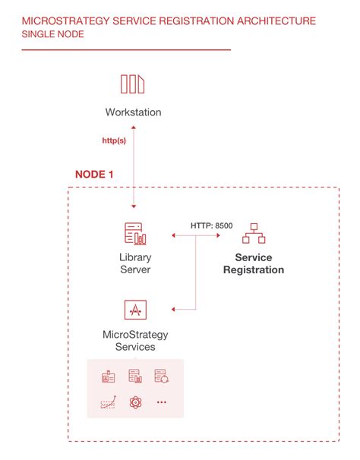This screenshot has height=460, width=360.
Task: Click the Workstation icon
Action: pos(133,84)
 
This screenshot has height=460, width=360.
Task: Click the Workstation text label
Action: pos(133,112)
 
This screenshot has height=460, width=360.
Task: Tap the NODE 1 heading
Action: pos(94,174)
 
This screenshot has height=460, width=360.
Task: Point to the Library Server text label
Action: pos(134,263)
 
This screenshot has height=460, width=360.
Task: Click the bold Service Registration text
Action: pos(254,263)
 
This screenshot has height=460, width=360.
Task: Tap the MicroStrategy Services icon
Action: pos(134,310)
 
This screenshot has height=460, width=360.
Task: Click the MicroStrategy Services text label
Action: pos(134,340)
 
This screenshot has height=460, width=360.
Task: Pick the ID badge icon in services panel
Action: pos(108,376)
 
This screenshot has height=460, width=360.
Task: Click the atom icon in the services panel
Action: pos(135,403)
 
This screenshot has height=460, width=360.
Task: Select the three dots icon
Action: pos(161,403)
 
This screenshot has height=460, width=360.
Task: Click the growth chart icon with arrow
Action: pos(108,404)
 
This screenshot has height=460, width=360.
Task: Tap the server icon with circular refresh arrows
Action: pos(160,376)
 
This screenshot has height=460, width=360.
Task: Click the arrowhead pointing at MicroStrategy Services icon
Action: pos(175,309)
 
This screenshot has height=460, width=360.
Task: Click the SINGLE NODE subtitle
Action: pos(54,35)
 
